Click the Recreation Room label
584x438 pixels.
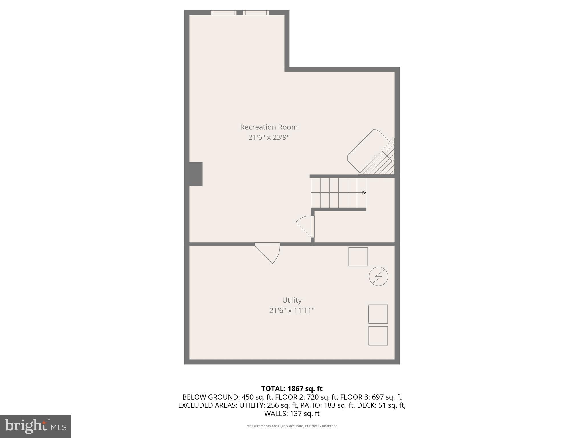(269, 127)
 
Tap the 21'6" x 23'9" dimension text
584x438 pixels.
(269, 137)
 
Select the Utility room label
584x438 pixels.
(292, 300)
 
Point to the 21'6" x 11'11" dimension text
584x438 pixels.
(292, 310)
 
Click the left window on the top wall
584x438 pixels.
(224, 13)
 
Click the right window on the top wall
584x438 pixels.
(256, 13)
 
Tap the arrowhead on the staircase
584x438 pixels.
(364, 193)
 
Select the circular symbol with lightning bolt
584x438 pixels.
(378, 276)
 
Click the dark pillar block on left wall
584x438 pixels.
(196, 174)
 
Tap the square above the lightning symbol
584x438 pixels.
(358, 257)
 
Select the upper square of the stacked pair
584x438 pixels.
(378, 314)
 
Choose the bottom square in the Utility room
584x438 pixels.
(378, 336)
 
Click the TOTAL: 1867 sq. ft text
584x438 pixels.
(292, 389)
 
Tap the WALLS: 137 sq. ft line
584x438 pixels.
(292, 414)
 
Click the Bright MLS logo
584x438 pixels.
(36, 426)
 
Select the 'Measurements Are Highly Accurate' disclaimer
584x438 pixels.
(292, 426)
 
